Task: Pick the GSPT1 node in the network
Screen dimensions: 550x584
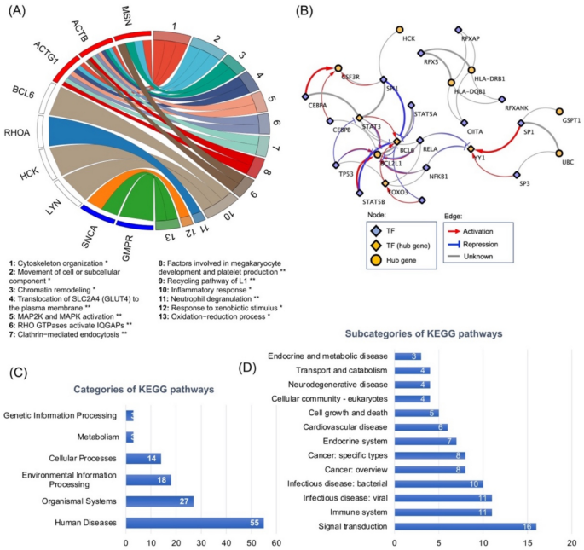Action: click(560, 112)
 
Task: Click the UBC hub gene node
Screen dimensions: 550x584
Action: click(559, 154)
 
